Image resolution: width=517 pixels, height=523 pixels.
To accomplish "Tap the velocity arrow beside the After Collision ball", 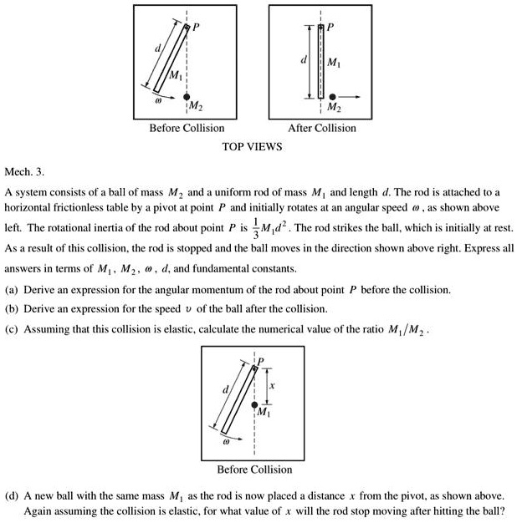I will [351, 97].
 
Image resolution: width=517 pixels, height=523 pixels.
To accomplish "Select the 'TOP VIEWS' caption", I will [252, 146].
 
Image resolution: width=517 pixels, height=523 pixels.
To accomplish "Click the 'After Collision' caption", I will [321, 128].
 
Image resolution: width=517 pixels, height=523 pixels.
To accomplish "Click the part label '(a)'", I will [12, 289].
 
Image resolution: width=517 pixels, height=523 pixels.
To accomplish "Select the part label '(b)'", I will [12, 309].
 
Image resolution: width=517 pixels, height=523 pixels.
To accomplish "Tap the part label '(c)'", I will [12, 329].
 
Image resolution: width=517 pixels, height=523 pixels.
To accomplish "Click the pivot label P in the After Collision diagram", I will [330, 26].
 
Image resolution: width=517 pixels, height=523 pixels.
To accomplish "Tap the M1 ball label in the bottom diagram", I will [264, 414].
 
